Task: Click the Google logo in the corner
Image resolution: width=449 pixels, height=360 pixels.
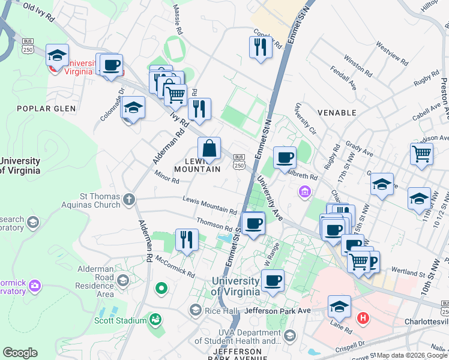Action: coord(20,353)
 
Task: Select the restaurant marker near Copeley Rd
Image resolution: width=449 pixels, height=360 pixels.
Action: coord(261,47)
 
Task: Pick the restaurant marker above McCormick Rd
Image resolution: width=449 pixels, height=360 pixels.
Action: coord(187,239)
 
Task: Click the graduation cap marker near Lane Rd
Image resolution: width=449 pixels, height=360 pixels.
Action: coord(339,305)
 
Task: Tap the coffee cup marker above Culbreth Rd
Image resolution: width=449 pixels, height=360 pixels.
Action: coord(285,158)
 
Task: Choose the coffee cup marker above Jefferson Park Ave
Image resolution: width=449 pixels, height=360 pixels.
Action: coord(273,280)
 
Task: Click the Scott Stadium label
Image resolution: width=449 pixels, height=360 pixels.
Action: coord(120,320)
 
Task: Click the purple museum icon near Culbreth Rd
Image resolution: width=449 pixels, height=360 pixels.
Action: coord(305,192)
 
